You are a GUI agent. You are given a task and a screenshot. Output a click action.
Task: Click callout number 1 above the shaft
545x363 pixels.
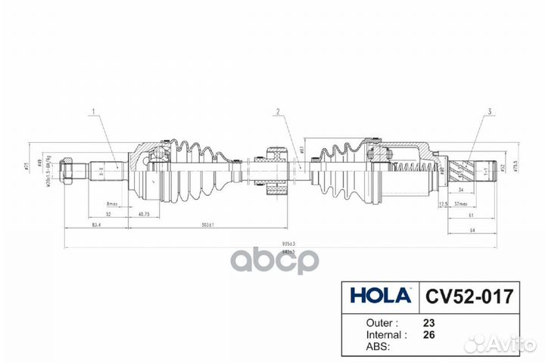(94, 113)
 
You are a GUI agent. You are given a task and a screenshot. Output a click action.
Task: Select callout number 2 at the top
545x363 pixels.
(278, 113)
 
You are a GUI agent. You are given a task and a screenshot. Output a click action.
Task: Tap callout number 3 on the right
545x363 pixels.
(490, 113)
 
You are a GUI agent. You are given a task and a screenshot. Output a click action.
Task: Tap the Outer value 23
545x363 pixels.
(429, 321)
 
